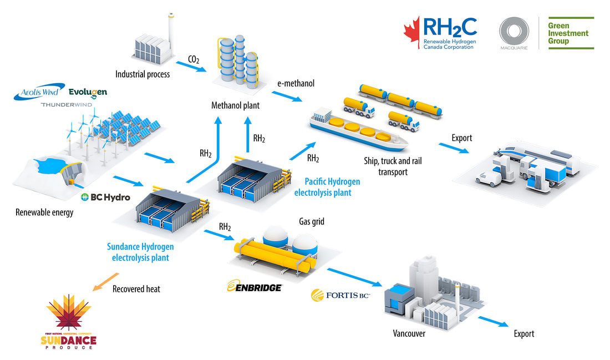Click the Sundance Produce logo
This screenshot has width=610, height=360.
69,323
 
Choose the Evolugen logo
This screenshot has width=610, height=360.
88,92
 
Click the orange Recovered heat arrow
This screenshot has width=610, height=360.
104,281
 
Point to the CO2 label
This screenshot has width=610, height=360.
194,59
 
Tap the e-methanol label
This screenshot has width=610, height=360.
296,83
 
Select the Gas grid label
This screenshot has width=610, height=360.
312,221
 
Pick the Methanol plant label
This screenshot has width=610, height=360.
235,105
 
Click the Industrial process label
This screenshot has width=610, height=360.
143,74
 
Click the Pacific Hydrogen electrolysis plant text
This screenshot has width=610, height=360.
332,187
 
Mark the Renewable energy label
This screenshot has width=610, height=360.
44,212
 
